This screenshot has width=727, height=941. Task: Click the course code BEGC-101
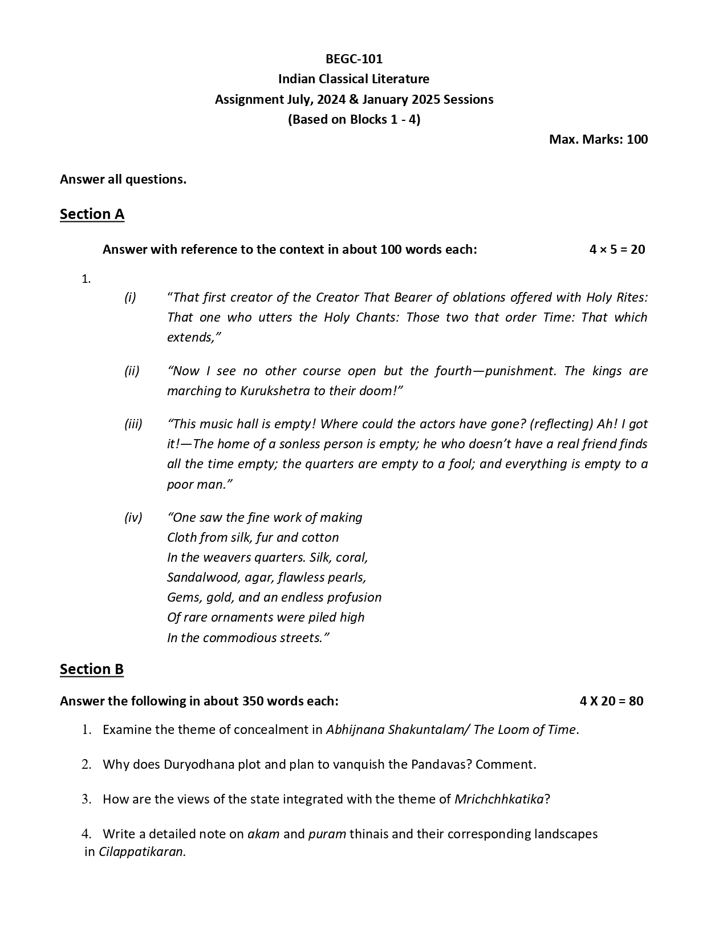click(354, 59)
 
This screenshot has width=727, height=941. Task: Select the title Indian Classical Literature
click(354, 79)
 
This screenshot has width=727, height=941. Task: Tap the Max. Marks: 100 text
click(598, 139)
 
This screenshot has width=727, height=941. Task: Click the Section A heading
click(92, 214)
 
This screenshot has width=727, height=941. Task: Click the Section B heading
click(92, 669)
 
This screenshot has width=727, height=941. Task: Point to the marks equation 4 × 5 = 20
click(617, 249)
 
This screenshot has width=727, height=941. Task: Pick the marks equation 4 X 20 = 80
click(611, 701)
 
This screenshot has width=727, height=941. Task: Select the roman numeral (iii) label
click(133, 424)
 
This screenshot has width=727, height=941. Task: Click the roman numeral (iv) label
click(133, 517)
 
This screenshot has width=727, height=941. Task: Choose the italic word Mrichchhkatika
click(499, 799)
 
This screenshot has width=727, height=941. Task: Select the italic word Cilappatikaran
click(143, 852)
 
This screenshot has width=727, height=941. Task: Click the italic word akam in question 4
click(263, 834)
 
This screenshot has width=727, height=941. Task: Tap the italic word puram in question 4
click(327, 834)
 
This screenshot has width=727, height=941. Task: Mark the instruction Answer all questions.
click(123, 179)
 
